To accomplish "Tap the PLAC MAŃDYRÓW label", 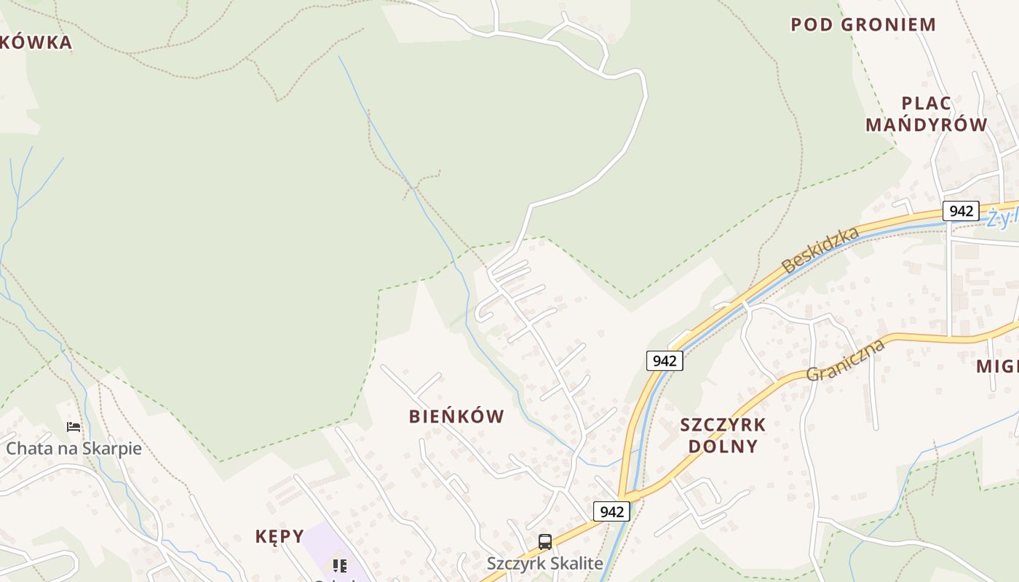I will pyautogui.click(x=926, y=113).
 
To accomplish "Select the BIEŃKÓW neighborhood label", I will pyautogui.click(x=456, y=417).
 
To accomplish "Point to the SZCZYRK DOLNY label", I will pyautogui.click(x=723, y=435).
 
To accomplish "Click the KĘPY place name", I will pyautogui.click(x=279, y=536).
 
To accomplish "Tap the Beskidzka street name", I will pyautogui.click(x=820, y=250).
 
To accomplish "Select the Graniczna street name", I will pyautogui.click(x=845, y=359).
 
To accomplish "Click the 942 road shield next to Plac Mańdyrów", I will pyautogui.click(x=961, y=211).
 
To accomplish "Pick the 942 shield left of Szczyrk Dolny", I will pyautogui.click(x=664, y=360).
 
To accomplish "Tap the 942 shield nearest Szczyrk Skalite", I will pyautogui.click(x=611, y=511).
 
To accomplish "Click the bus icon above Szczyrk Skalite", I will pyautogui.click(x=544, y=541).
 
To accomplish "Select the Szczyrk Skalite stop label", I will pyautogui.click(x=544, y=563).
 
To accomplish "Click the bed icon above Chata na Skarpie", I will pyautogui.click(x=74, y=426).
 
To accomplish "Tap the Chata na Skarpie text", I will pyautogui.click(x=74, y=448).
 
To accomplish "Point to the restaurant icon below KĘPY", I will pyautogui.click(x=339, y=565).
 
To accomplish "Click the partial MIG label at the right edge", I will pyautogui.click(x=997, y=366).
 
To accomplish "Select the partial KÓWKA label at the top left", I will pyautogui.click(x=36, y=42).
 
